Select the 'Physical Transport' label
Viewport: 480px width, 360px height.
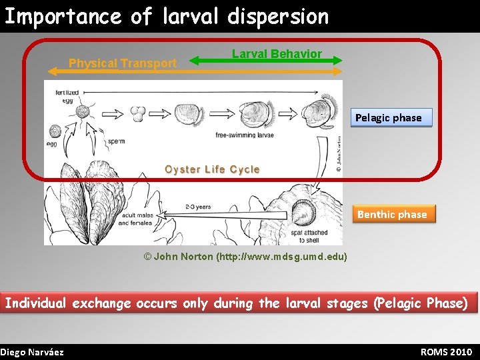123,63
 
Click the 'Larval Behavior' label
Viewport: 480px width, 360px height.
277,53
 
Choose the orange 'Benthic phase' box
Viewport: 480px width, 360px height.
392,214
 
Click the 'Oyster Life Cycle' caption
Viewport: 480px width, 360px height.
212,169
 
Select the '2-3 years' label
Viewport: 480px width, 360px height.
198,207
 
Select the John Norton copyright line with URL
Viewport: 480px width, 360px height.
245,257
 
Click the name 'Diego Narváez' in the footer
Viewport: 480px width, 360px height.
32,352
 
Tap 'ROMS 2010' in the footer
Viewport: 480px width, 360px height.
446,352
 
